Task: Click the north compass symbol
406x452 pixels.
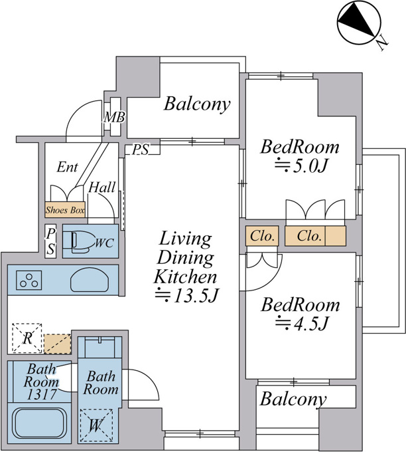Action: click(360, 23)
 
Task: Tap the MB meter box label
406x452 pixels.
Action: click(114, 118)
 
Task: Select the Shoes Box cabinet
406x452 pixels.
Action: click(65, 209)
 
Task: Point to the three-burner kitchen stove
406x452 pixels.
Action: click(29, 280)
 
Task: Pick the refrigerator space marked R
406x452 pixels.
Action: click(27, 338)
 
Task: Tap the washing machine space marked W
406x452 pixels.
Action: click(96, 425)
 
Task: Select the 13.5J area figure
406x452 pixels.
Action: click(186, 296)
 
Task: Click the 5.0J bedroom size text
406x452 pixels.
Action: click(302, 166)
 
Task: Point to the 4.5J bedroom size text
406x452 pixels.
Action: click(302, 323)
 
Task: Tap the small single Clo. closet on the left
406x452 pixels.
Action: click(262, 236)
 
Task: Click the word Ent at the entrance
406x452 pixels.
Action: click(67, 167)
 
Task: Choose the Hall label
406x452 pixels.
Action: click(102, 187)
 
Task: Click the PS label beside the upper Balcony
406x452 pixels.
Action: click(141, 150)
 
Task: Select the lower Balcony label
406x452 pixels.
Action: click(293, 400)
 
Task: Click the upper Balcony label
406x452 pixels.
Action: click(198, 104)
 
